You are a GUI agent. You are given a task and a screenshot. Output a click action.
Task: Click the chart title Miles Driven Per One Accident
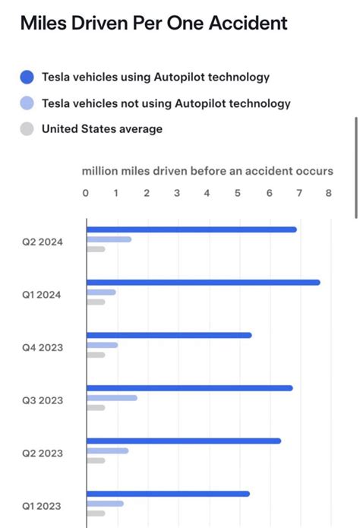coord(153,24)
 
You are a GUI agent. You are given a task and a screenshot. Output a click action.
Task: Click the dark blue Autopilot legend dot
coord(27,77)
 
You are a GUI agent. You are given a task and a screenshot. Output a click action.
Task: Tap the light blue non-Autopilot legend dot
coord(27,103)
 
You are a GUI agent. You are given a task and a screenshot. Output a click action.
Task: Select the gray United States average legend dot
coord(27,129)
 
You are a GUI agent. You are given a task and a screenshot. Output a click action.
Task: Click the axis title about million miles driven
coord(207,171)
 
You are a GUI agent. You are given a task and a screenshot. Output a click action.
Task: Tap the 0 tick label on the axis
coord(86,193)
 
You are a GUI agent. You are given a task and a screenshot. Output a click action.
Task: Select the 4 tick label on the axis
coord(207,193)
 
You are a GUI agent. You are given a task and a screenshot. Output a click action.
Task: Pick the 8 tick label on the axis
coord(329,193)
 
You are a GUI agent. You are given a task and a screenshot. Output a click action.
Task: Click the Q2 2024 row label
coord(43,242)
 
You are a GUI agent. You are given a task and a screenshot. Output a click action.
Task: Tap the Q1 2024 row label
coord(43,295)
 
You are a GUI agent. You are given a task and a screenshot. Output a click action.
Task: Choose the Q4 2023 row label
coord(43,347)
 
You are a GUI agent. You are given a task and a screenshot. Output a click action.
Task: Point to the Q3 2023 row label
coord(43,400)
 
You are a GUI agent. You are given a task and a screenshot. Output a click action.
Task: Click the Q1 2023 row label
coord(43,506)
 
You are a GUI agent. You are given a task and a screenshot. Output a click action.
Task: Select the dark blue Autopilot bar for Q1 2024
coord(203,283)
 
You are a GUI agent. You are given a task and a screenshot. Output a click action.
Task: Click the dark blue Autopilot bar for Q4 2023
coord(169,335)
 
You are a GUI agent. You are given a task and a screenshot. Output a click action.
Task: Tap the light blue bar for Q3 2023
coord(112,397)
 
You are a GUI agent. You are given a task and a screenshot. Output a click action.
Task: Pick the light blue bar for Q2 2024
coord(109,239)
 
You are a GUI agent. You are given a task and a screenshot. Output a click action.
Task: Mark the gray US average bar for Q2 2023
coord(96,460)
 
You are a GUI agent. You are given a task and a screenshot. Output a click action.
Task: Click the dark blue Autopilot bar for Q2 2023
coord(183,441)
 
